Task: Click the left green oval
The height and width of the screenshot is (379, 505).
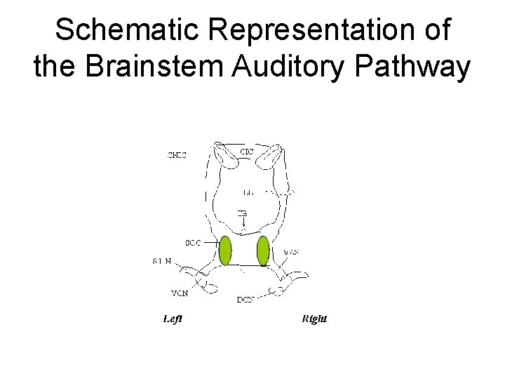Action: point(225,251)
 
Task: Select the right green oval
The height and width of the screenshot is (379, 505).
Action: point(263,251)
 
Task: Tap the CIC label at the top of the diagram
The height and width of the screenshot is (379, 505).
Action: point(247,152)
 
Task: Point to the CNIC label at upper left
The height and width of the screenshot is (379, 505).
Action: point(177,155)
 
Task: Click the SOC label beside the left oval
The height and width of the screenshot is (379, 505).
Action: point(192,243)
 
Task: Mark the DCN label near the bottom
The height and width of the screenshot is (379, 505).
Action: point(245,300)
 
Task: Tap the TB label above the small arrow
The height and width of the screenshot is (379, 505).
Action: point(242,213)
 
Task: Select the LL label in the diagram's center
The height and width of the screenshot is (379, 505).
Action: point(248,191)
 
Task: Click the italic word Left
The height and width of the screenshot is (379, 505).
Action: point(173,319)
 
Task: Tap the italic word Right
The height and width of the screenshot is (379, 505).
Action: point(314,319)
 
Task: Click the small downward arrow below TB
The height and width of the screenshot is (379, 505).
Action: point(242,224)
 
